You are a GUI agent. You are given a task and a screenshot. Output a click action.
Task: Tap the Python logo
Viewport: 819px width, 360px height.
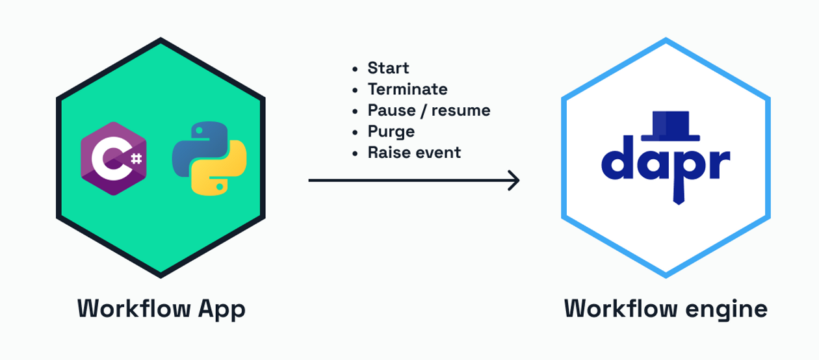point(209,159)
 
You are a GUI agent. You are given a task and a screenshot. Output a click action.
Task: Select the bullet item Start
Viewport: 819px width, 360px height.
point(388,68)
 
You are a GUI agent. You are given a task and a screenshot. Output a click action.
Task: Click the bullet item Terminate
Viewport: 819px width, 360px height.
point(408,89)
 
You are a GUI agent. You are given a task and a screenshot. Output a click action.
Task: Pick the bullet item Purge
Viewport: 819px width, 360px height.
point(391,131)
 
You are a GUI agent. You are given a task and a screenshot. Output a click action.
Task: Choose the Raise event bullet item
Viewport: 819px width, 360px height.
point(414,153)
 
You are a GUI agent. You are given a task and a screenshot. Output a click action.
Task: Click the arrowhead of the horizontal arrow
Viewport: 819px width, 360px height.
point(514,181)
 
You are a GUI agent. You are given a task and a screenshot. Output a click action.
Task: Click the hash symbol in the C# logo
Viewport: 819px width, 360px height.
point(136,158)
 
